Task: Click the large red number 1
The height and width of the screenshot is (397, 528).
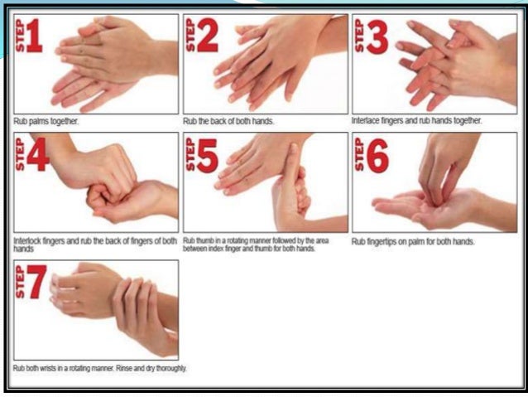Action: click(x=35, y=36)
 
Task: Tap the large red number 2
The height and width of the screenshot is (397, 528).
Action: click(x=208, y=35)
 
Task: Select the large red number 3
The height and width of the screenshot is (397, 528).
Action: click(x=377, y=36)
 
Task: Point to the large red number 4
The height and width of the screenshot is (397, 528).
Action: click(x=38, y=154)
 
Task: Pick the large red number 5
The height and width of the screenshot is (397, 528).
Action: click(x=208, y=155)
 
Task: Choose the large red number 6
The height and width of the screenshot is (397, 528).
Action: click(x=377, y=156)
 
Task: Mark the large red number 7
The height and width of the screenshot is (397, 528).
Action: click(x=36, y=282)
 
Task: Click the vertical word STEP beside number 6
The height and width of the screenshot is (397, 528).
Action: click(x=359, y=154)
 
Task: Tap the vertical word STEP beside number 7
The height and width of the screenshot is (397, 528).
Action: click(x=20, y=281)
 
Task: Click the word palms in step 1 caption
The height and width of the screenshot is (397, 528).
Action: click(x=39, y=121)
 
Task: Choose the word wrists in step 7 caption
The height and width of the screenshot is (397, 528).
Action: click(x=48, y=368)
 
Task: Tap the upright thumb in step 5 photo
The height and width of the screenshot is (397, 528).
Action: click(x=292, y=160)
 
